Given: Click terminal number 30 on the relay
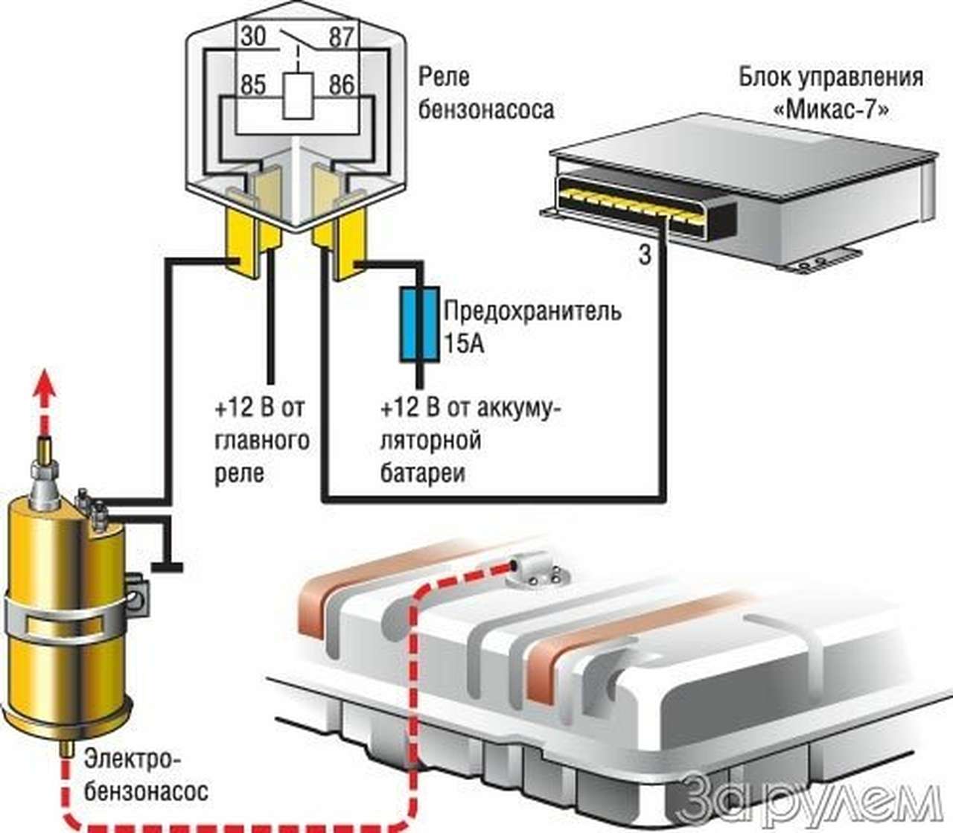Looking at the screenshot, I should click(x=253, y=36).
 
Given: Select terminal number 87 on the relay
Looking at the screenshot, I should click(x=342, y=36).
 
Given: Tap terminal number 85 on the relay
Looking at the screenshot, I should click(x=253, y=84).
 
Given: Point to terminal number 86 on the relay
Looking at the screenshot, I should click(x=342, y=84).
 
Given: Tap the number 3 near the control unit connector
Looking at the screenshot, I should click(x=645, y=255).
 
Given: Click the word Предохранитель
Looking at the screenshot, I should click(x=532, y=310).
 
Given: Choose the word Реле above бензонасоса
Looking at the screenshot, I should click(x=444, y=76).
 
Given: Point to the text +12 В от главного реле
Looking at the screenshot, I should click(x=261, y=441).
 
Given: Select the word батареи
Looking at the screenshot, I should click(x=422, y=473).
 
